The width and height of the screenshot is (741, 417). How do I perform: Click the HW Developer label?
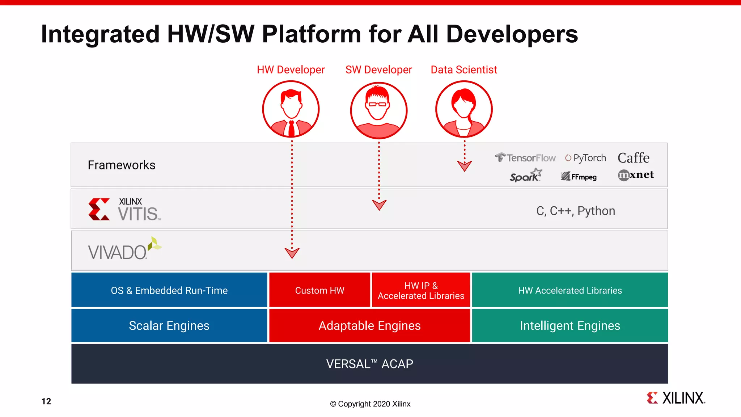point(291,69)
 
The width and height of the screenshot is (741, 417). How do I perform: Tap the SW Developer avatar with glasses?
point(378,110)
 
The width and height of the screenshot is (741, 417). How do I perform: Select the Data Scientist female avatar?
point(464,109)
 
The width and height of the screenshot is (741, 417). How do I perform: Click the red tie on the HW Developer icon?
point(291,128)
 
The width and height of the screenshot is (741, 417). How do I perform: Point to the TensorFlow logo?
point(525,158)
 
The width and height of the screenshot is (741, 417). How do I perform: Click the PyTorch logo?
point(585,158)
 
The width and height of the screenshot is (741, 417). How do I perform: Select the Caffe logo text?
point(633,158)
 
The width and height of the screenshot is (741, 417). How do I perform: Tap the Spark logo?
point(525,176)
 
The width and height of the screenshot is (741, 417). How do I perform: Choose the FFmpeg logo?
point(579,177)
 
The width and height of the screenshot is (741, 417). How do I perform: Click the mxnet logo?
point(636,175)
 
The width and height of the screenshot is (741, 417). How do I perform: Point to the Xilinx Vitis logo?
point(124,210)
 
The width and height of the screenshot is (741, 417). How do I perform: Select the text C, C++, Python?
point(575,211)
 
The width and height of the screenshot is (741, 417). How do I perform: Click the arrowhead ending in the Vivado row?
point(292,253)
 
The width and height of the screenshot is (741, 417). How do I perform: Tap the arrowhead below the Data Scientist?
point(465,166)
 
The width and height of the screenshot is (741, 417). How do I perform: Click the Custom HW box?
point(319,290)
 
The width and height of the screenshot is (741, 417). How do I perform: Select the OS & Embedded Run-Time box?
point(169,290)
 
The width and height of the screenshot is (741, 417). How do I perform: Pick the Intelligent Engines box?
point(570,325)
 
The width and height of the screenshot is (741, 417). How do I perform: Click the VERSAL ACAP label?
point(369,364)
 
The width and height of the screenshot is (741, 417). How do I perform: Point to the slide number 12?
point(46,401)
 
